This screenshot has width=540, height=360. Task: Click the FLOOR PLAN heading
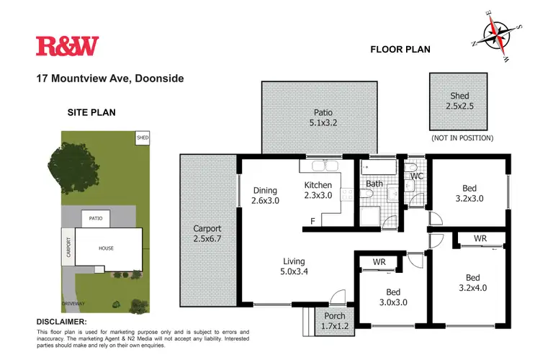click(x=400, y=50)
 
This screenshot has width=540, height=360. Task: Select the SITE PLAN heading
click(x=91, y=112)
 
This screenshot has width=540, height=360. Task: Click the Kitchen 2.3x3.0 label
click(x=318, y=190)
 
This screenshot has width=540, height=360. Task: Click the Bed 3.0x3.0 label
click(x=392, y=297)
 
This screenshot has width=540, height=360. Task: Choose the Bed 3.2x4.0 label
click(x=472, y=282)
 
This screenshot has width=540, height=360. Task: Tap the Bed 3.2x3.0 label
click(x=472, y=194)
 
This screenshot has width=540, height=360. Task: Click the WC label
click(x=416, y=176)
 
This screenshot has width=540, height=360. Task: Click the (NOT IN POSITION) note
click(x=462, y=138)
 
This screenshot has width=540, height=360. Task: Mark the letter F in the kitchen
click(x=312, y=221)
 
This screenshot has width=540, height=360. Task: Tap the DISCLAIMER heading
click(x=61, y=321)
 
